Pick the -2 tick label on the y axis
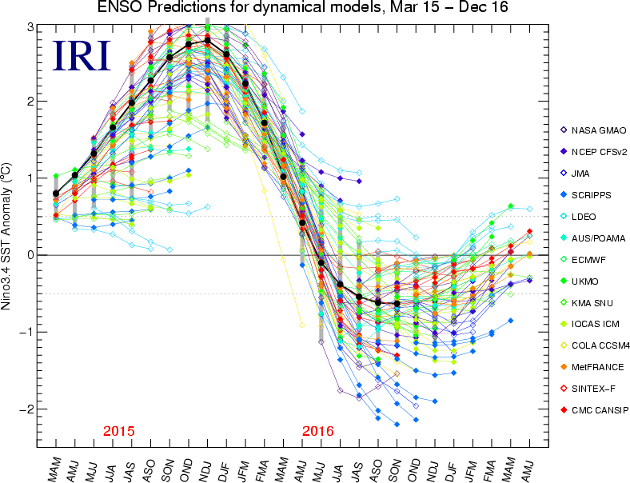tap(29, 409)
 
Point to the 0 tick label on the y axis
tap(32, 255)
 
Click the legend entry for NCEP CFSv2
tap(600, 151)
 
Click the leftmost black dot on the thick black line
tap(55, 194)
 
